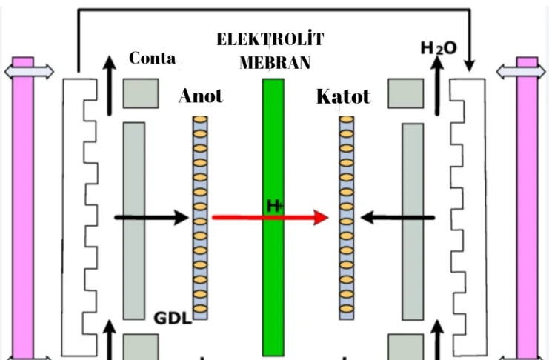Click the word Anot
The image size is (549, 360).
pos(200,96)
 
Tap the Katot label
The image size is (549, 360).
pos(342,96)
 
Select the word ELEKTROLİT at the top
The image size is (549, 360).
pos(270,40)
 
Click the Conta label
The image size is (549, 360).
pos(152,58)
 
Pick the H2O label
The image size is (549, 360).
pos(439,48)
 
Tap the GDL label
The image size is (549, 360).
pos(173,319)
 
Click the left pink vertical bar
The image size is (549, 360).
pos(24,215)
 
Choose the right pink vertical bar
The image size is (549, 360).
pos(527,215)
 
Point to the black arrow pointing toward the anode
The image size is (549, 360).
pos(152,217)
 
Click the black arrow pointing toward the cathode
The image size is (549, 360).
pos(397,217)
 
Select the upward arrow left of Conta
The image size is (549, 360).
pos(110,85)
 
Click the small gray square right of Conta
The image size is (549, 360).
pos(140,93)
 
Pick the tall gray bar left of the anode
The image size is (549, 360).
pos(133,219)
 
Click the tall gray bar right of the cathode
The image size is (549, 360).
pos(413,219)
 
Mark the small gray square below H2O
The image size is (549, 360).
pos(405,93)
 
